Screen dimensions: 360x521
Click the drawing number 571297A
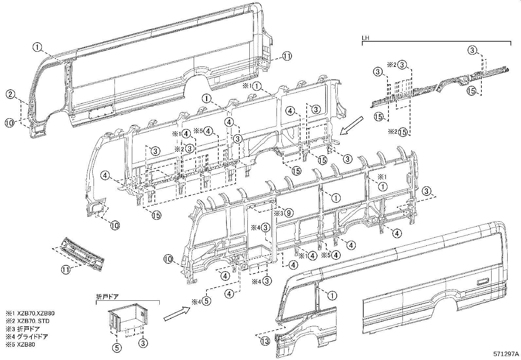click(x=506, y=354)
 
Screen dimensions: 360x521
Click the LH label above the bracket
click(x=366, y=38)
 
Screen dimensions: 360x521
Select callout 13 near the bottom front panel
click(x=265, y=341)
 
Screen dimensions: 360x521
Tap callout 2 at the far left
click(x=10, y=95)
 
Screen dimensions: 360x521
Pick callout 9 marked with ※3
click(x=288, y=213)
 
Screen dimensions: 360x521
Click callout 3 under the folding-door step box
click(x=143, y=343)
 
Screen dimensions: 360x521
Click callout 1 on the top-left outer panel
click(x=38, y=47)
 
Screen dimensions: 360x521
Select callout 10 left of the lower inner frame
click(x=168, y=259)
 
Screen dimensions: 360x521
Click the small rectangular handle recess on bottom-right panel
click(x=482, y=281)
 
